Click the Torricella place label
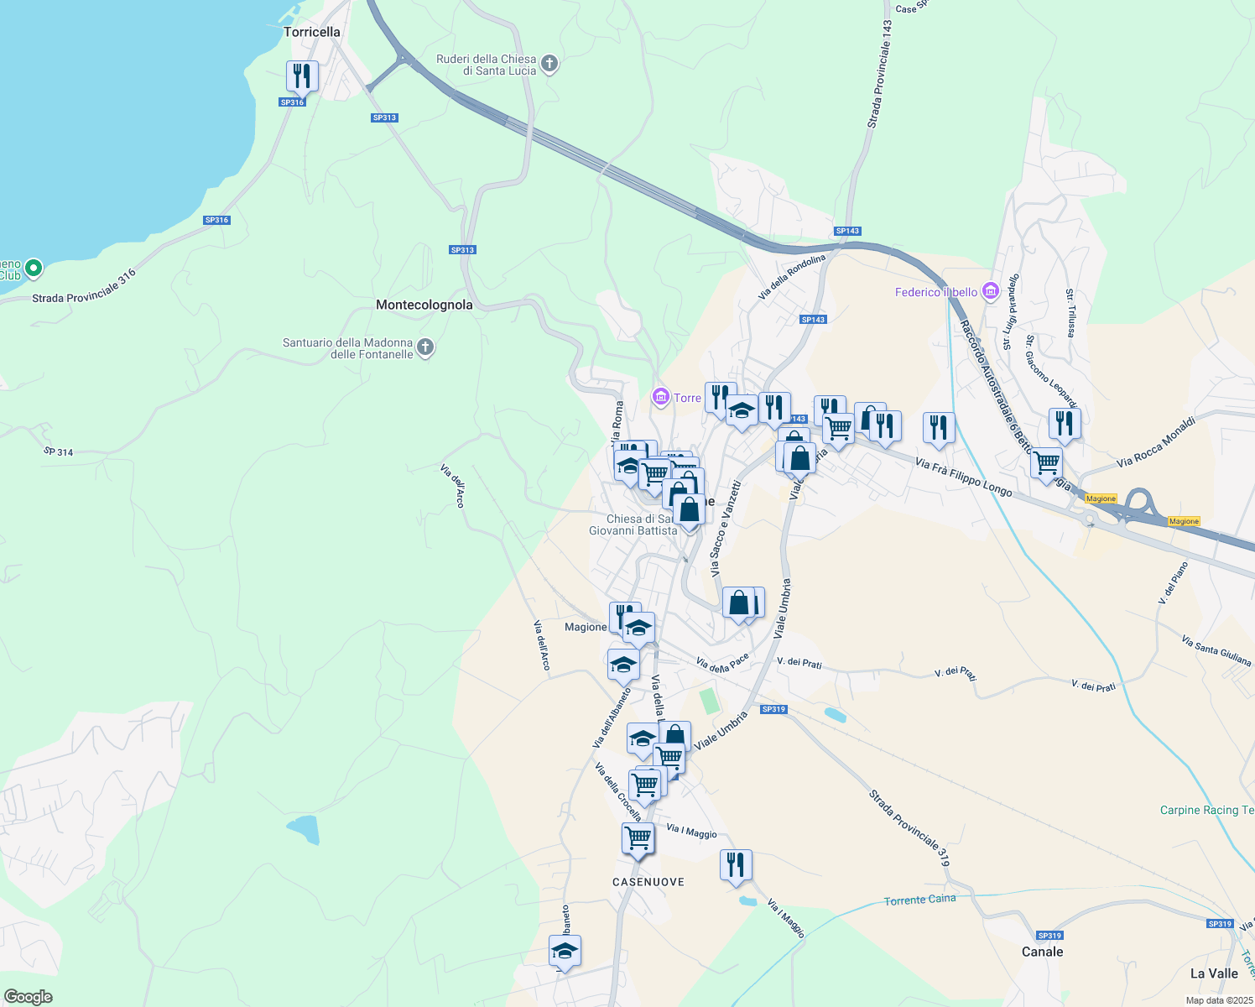[x=311, y=32]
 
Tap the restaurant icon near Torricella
[x=302, y=76]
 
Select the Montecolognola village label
[x=424, y=305]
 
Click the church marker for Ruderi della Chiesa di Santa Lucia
[x=549, y=64]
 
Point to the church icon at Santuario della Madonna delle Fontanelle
[x=425, y=347]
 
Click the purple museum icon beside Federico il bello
[x=991, y=291]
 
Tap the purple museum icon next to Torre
[x=661, y=397]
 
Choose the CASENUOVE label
[x=648, y=882]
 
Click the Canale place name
[x=1042, y=952]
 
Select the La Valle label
[x=1214, y=973]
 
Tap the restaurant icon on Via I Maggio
[x=736, y=865]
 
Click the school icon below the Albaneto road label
[x=565, y=952]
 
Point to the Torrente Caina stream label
[x=919, y=900]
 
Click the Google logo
[x=29, y=997]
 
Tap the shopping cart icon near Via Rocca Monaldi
[x=1046, y=463]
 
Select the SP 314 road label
[x=58, y=451]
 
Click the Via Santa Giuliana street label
[x=1216, y=650]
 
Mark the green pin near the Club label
[x=34, y=269]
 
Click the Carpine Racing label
[x=1206, y=810]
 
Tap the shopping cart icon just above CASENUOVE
[x=638, y=838]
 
